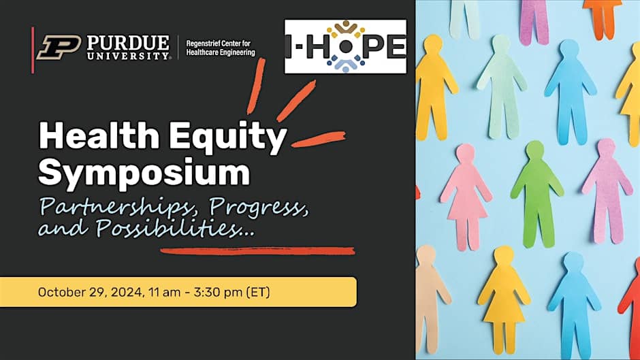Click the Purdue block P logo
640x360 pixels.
point(59,48)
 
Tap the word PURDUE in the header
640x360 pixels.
point(128,42)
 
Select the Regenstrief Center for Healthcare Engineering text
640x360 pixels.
point(221,48)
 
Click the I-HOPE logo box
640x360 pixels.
point(345,46)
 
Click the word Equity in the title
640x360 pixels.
point(227,139)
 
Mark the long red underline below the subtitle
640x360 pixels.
point(257,250)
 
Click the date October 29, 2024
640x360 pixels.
point(90,292)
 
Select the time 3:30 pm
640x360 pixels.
point(218,292)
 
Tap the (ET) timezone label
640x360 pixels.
point(258,292)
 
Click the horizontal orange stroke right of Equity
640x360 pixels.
point(319,139)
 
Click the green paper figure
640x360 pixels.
point(536,194)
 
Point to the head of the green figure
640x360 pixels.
point(535,150)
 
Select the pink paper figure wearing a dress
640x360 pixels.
point(466,196)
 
